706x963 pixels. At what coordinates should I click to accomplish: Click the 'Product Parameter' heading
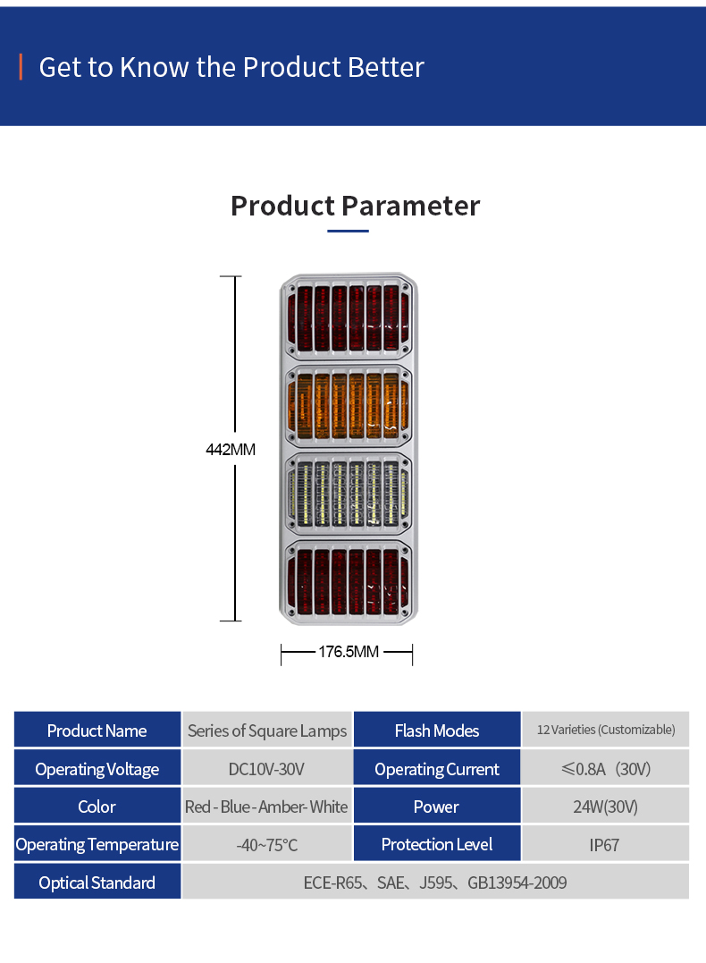click(x=355, y=206)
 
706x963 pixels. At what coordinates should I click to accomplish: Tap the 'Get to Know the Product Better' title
click(x=231, y=67)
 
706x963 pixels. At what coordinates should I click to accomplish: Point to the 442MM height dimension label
click(x=231, y=450)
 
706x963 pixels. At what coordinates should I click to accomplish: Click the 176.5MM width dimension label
click(x=349, y=652)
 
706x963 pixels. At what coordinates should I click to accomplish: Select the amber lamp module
click(x=349, y=406)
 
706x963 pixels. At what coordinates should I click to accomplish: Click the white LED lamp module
click(x=349, y=494)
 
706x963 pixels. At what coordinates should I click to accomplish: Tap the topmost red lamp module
click(x=349, y=318)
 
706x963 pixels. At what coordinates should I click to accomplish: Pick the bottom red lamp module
click(x=349, y=580)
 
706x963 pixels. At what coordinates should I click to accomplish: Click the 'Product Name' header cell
click(x=97, y=731)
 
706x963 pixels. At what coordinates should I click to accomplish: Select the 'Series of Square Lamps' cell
click(x=267, y=731)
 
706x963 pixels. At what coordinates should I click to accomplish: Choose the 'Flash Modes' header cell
click(x=437, y=731)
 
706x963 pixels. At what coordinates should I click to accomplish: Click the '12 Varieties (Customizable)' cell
click(x=606, y=730)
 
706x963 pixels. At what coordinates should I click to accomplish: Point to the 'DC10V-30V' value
click(x=267, y=769)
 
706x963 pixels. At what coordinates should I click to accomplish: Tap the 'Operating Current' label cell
click(x=437, y=769)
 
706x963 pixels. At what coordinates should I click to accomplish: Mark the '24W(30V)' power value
click(x=606, y=807)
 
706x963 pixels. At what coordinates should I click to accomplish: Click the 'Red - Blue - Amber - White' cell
click(x=266, y=807)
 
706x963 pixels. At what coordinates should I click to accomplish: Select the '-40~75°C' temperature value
click(x=267, y=845)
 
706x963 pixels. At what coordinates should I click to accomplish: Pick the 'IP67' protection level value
click(x=605, y=845)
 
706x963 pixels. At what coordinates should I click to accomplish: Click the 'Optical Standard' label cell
click(x=97, y=883)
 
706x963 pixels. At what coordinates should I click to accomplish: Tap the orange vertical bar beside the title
click(x=20, y=67)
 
